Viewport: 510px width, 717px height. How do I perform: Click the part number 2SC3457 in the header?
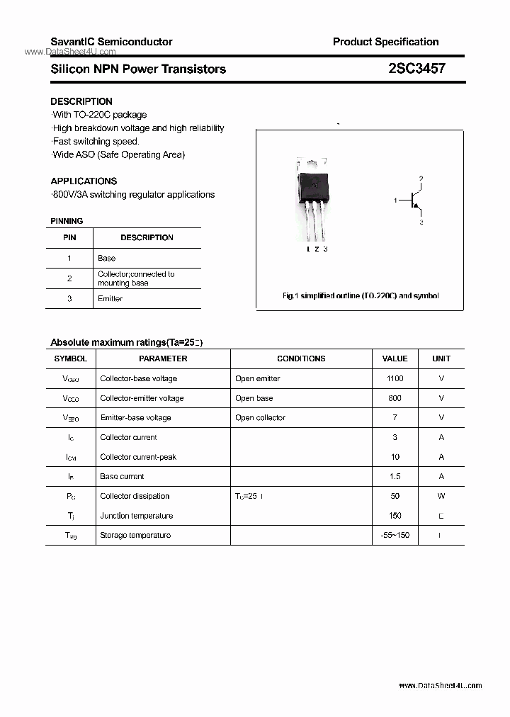tap(416, 69)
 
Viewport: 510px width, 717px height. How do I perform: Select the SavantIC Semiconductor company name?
tap(111, 42)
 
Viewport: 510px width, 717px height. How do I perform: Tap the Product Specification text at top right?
tap(385, 42)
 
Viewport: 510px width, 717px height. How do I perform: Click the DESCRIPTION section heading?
tap(81, 101)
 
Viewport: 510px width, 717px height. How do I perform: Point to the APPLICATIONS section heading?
tap(84, 181)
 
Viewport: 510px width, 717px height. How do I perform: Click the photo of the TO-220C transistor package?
tap(312, 199)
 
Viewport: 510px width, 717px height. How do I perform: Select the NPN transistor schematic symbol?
tap(412, 201)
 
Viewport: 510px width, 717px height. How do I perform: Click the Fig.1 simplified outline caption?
tap(361, 295)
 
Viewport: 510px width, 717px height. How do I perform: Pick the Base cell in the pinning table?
tap(107, 258)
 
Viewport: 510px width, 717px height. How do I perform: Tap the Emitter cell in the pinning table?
tap(110, 298)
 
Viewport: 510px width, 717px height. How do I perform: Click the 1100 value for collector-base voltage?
tap(395, 378)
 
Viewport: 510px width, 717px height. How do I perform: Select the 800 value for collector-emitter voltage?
tap(395, 398)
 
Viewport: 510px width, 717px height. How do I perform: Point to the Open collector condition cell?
tap(261, 417)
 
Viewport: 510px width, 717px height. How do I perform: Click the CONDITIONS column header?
tap(301, 358)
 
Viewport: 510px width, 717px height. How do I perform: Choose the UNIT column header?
tap(441, 358)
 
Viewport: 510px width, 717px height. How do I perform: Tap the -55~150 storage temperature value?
tap(395, 535)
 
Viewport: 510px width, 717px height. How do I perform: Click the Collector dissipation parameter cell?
tap(135, 496)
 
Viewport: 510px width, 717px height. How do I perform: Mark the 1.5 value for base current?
tap(395, 476)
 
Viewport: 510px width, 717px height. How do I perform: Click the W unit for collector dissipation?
tap(441, 496)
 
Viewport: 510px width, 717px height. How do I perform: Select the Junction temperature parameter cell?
tap(137, 516)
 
